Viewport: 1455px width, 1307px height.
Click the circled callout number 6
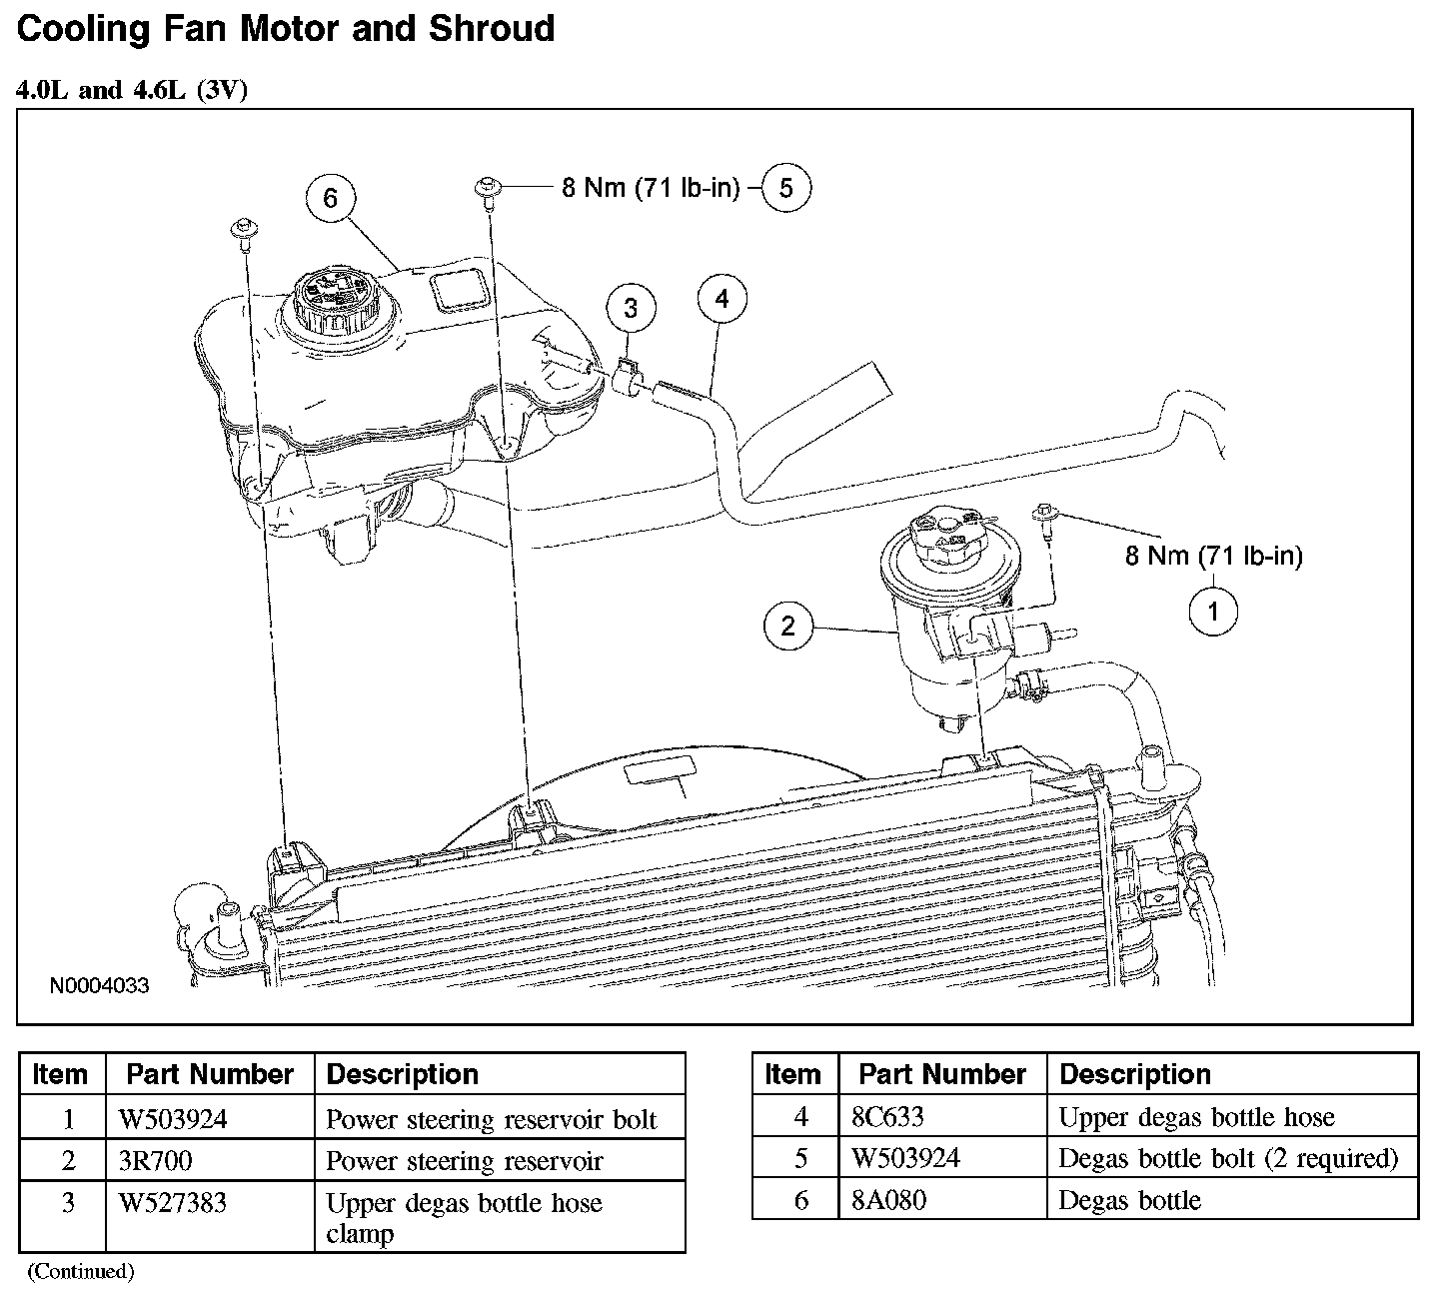point(330,199)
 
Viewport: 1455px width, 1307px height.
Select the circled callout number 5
point(786,188)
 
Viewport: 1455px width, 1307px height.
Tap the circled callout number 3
point(631,308)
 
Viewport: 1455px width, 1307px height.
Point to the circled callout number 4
point(723,298)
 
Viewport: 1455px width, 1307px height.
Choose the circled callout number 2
point(788,627)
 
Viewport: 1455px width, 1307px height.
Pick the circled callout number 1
point(1214,611)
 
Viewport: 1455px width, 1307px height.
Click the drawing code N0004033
point(99,987)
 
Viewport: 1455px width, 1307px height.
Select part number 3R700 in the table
point(156,1160)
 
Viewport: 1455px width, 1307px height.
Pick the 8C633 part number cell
point(888,1116)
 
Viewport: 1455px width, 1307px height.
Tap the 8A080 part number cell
point(888,1199)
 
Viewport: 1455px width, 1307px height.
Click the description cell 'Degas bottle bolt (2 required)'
point(1228,1158)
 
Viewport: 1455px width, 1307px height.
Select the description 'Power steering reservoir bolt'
point(492,1118)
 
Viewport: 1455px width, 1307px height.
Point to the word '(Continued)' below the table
point(80,1271)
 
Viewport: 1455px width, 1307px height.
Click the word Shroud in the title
point(491,27)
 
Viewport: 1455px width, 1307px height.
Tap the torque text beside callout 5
point(651,188)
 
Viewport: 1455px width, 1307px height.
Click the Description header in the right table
point(1135,1074)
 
